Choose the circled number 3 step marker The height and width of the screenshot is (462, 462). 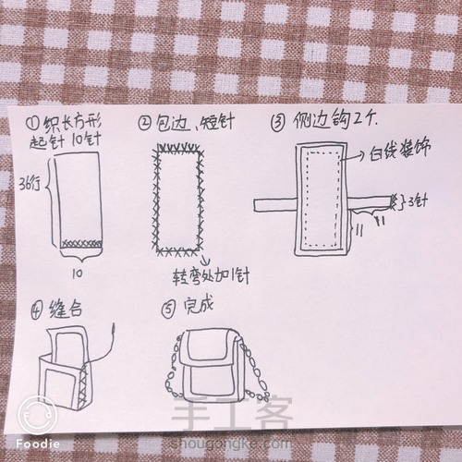(278, 120)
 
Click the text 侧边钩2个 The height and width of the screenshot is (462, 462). (324, 120)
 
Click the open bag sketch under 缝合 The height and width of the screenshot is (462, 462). (70, 370)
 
